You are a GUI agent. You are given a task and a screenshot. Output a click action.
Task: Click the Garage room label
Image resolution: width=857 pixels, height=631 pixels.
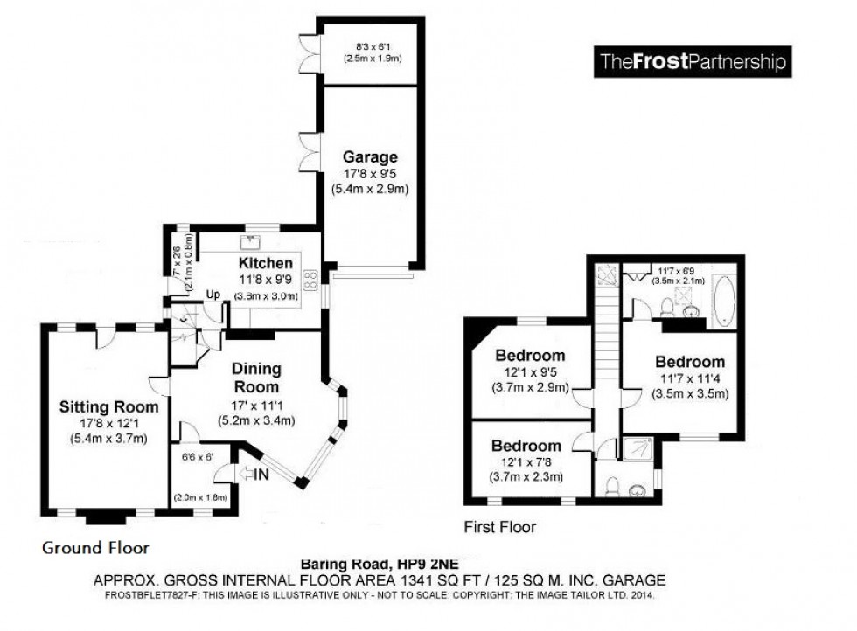coord(370,157)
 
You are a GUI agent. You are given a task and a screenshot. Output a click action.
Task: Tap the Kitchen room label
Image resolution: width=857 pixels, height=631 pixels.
coord(265,262)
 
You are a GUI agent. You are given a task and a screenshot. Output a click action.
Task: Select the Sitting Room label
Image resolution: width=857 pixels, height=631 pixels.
coord(108,406)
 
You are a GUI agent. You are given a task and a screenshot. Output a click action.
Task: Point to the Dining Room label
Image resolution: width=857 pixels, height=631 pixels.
coord(257,378)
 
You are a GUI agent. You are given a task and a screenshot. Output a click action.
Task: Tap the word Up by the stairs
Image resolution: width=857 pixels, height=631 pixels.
coord(213,295)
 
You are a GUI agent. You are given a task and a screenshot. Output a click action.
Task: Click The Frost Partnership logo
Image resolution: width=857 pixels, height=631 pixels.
coord(692,63)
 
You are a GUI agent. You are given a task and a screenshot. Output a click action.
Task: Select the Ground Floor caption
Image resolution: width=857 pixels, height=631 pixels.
coord(94,548)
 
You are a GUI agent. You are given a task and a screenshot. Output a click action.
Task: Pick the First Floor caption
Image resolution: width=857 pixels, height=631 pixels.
coord(500,527)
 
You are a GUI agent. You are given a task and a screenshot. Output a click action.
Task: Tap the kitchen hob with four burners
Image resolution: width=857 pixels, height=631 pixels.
coord(310,280)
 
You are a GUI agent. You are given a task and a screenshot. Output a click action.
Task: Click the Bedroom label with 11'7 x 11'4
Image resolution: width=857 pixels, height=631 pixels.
coord(690,362)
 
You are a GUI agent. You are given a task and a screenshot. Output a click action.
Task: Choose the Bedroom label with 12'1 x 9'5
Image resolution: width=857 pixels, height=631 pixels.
coord(530,356)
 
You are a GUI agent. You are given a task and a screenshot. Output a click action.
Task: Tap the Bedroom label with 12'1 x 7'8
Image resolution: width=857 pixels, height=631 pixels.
coord(526,446)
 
